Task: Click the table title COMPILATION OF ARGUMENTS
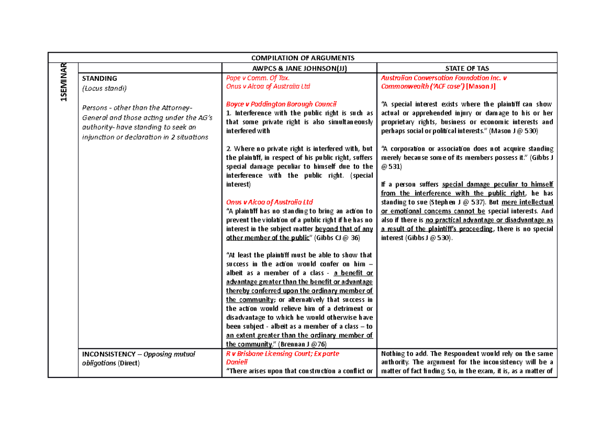tap(302, 58)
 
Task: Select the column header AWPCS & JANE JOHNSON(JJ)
tap(299, 68)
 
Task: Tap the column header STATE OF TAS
tap(467, 68)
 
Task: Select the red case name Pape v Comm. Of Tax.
tap(258, 78)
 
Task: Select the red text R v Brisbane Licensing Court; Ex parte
tap(283, 353)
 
